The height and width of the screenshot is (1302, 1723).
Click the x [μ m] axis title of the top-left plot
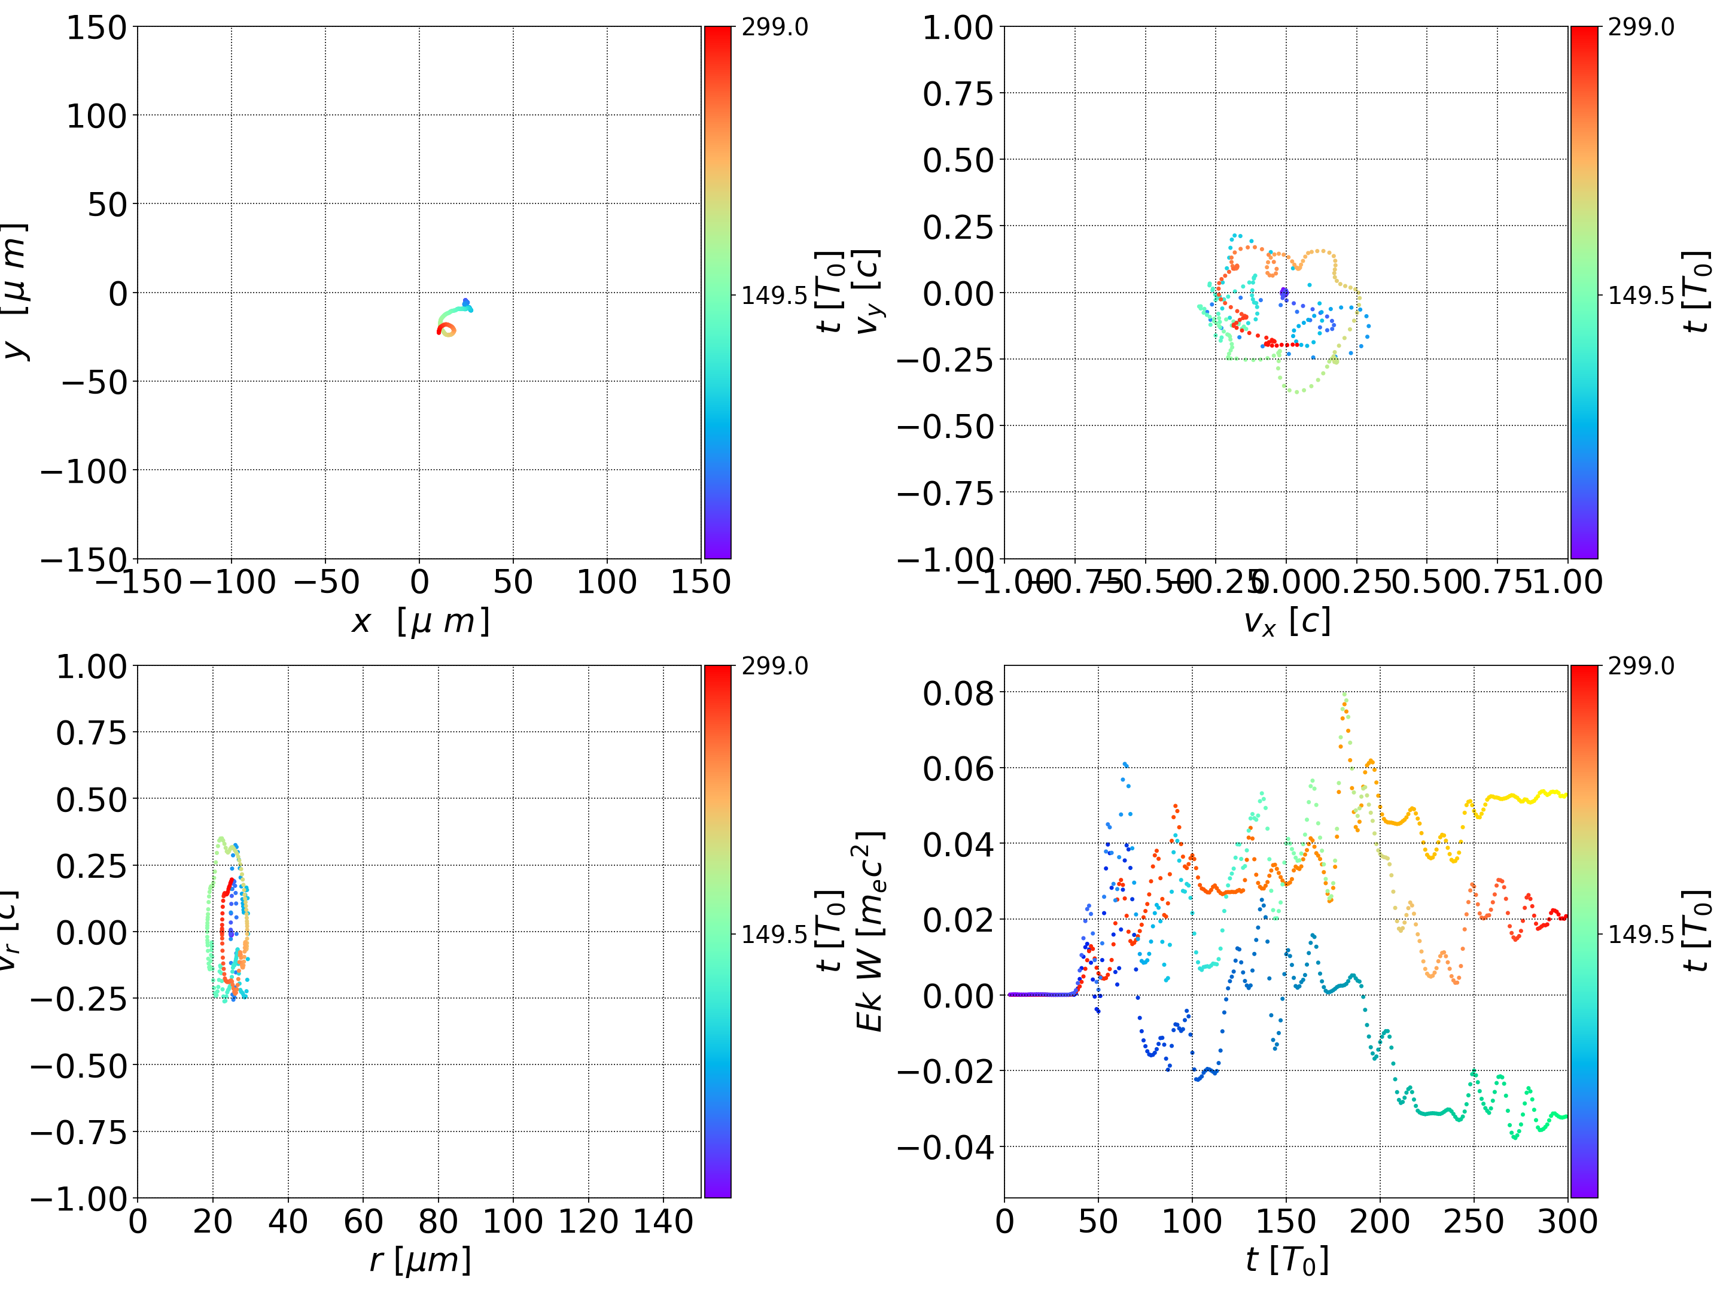click(420, 621)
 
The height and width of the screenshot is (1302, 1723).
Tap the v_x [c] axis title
click(1286, 621)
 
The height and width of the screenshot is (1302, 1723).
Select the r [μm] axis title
click(420, 1260)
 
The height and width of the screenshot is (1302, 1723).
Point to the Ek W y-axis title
click(869, 931)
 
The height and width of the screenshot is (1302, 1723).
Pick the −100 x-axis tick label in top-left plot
click(232, 582)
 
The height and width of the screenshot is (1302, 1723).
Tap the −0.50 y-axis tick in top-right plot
click(946, 426)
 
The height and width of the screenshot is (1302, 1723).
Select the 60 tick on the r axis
click(363, 1221)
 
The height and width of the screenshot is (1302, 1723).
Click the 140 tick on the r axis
click(663, 1221)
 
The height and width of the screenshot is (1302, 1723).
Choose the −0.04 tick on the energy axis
click(946, 1147)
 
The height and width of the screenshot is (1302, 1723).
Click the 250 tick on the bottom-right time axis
click(1473, 1221)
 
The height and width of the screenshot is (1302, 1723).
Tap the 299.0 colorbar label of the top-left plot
click(774, 28)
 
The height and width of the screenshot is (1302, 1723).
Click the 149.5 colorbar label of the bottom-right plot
click(1640, 933)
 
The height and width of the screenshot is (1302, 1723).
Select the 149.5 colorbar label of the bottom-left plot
click(774, 933)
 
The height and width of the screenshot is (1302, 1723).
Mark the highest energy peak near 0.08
click(1344, 696)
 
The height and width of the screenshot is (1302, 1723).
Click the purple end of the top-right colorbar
click(1584, 549)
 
